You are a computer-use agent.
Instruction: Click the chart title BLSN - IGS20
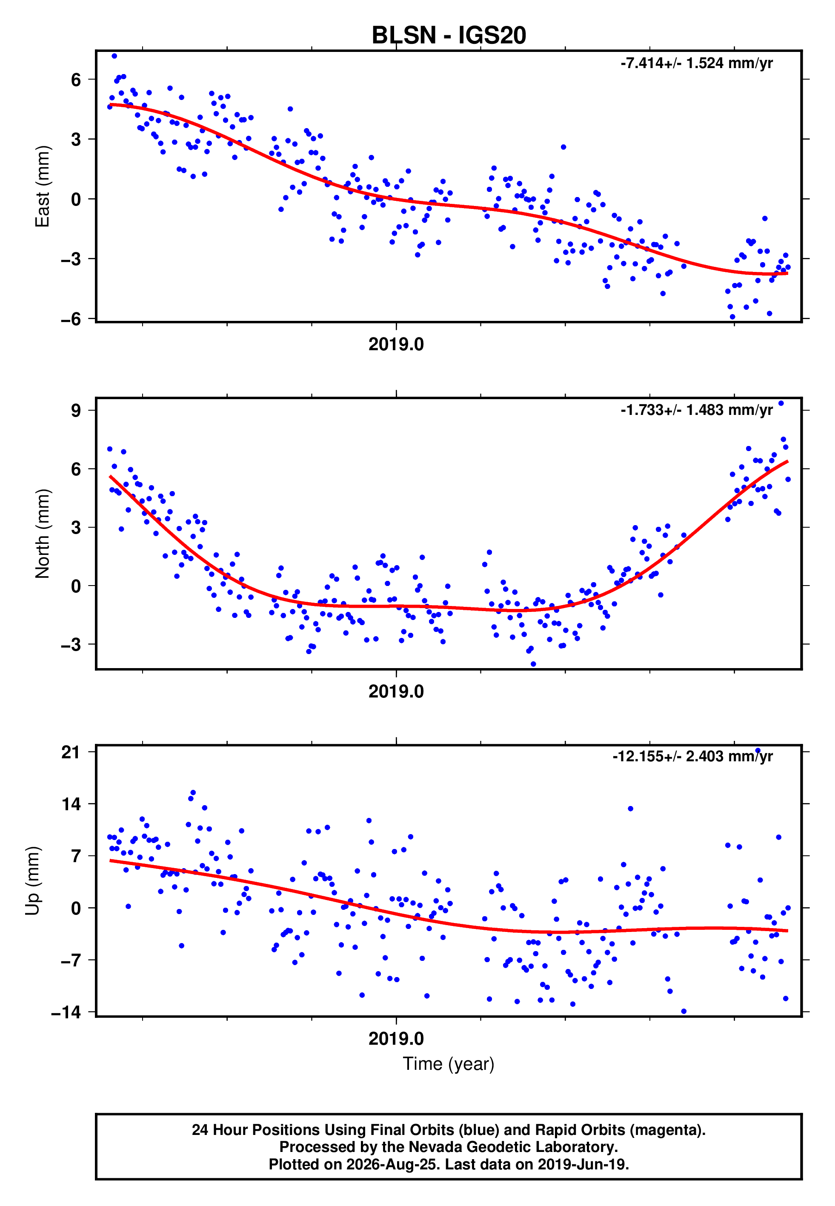pyautogui.click(x=449, y=36)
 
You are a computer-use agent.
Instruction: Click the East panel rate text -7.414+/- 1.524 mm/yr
pyautogui.click(x=696, y=63)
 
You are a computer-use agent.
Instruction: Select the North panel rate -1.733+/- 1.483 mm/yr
pyautogui.click(x=696, y=410)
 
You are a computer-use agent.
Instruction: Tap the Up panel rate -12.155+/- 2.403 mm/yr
pyautogui.click(x=693, y=757)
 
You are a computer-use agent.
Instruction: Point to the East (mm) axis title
pyautogui.click(x=43, y=186)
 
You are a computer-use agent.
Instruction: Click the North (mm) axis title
pyautogui.click(x=43, y=534)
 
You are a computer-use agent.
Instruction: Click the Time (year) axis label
pyautogui.click(x=449, y=1064)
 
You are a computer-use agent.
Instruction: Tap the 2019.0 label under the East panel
pyautogui.click(x=396, y=344)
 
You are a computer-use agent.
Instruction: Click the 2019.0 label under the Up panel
pyautogui.click(x=396, y=1039)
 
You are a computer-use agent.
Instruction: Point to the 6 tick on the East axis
pyautogui.click(x=76, y=80)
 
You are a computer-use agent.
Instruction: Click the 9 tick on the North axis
pyautogui.click(x=76, y=410)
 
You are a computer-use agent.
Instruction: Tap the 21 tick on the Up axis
pyautogui.click(x=71, y=752)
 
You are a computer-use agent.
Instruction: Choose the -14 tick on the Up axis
pyautogui.click(x=66, y=1012)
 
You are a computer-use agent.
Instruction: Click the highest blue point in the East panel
pyautogui.click(x=114, y=56)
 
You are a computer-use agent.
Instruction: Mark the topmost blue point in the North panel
pyautogui.click(x=781, y=403)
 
